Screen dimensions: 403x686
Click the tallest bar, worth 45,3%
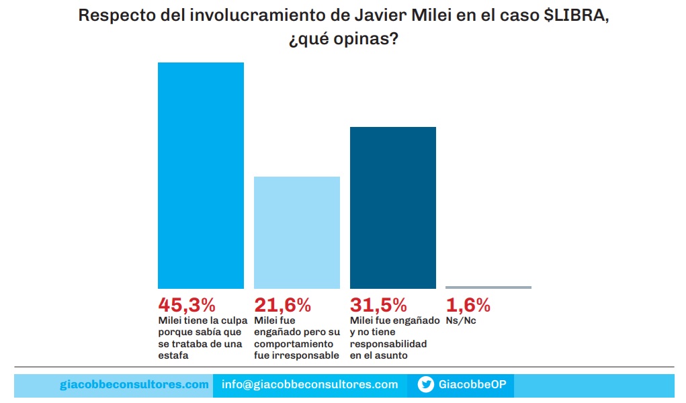[x=200, y=175]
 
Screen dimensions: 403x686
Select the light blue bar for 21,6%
[x=296, y=232]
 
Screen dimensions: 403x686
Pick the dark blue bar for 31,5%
[x=393, y=208]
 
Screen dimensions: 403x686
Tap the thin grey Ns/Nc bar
[x=488, y=287]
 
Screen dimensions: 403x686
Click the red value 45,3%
[x=187, y=305]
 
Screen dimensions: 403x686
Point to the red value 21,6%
[x=283, y=305]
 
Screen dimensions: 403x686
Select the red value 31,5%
[x=379, y=305]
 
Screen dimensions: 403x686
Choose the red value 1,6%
[x=468, y=305]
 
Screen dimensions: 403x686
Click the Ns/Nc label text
[x=461, y=321]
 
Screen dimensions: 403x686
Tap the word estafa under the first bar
[x=173, y=356]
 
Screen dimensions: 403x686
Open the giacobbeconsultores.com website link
[x=134, y=384]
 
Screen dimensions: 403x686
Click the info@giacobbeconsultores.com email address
[x=310, y=384]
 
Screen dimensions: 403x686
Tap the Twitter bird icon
[x=425, y=384]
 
